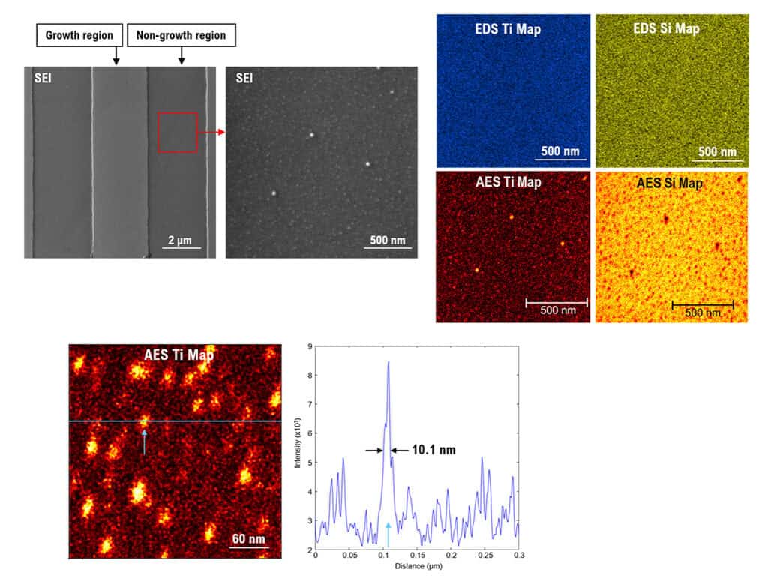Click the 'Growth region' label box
pos(79,35)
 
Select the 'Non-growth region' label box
pos(181,35)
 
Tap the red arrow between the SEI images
pos(211,132)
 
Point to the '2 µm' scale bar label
pos(180,240)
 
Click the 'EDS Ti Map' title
pos(508,29)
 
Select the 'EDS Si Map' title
pos(666,28)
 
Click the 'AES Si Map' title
pos(669,183)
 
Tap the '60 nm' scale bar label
pos(248,538)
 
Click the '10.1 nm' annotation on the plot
pos(433,450)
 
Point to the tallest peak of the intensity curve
pos(388,361)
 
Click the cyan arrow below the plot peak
pos(388,535)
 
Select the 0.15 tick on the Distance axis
pos(417,555)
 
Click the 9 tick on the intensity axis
pos(310,346)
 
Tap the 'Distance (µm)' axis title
pos(418,566)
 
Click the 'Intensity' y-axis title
pos(297,443)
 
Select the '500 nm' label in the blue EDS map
pos(559,151)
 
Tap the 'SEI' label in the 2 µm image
pos(43,78)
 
